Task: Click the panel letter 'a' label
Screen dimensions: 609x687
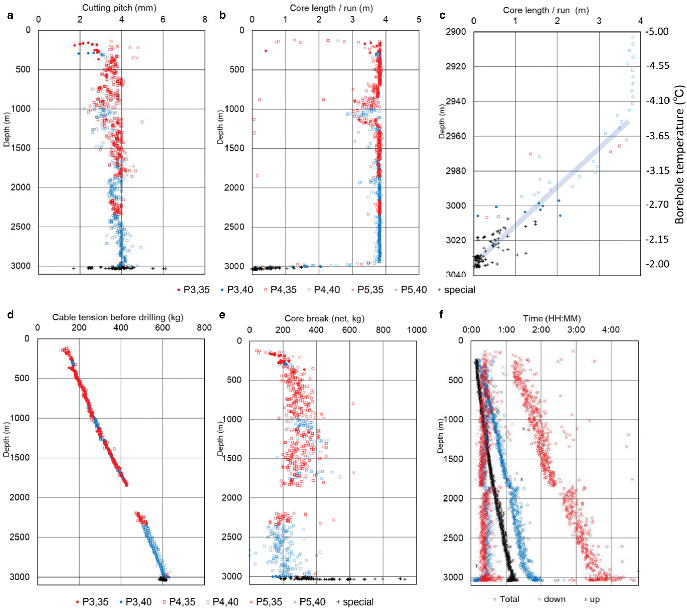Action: [x=10, y=15]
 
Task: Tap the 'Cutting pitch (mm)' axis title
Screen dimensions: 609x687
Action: [x=119, y=8]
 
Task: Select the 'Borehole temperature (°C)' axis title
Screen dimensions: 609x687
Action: [x=679, y=154]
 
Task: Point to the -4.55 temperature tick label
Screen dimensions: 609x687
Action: [x=658, y=66]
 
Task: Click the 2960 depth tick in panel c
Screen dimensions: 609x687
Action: [x=456, y=136]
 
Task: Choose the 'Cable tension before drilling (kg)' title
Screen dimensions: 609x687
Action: [x=118, y=317]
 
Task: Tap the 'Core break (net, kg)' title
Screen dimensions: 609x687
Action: [x=324, y=319]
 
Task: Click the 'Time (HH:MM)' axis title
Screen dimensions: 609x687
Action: [x=552, y=319]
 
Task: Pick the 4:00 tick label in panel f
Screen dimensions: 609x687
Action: [x=611, y=330]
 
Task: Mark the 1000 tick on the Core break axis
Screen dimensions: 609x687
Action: [x=417, y=330]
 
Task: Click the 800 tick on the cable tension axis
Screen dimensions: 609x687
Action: [x=204, y=328]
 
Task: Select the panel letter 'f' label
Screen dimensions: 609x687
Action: [x=441, y=314]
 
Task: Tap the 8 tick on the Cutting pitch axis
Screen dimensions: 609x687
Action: [x=205, y=20]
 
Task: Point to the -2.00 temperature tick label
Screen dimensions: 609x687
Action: [x=658, y=264]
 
